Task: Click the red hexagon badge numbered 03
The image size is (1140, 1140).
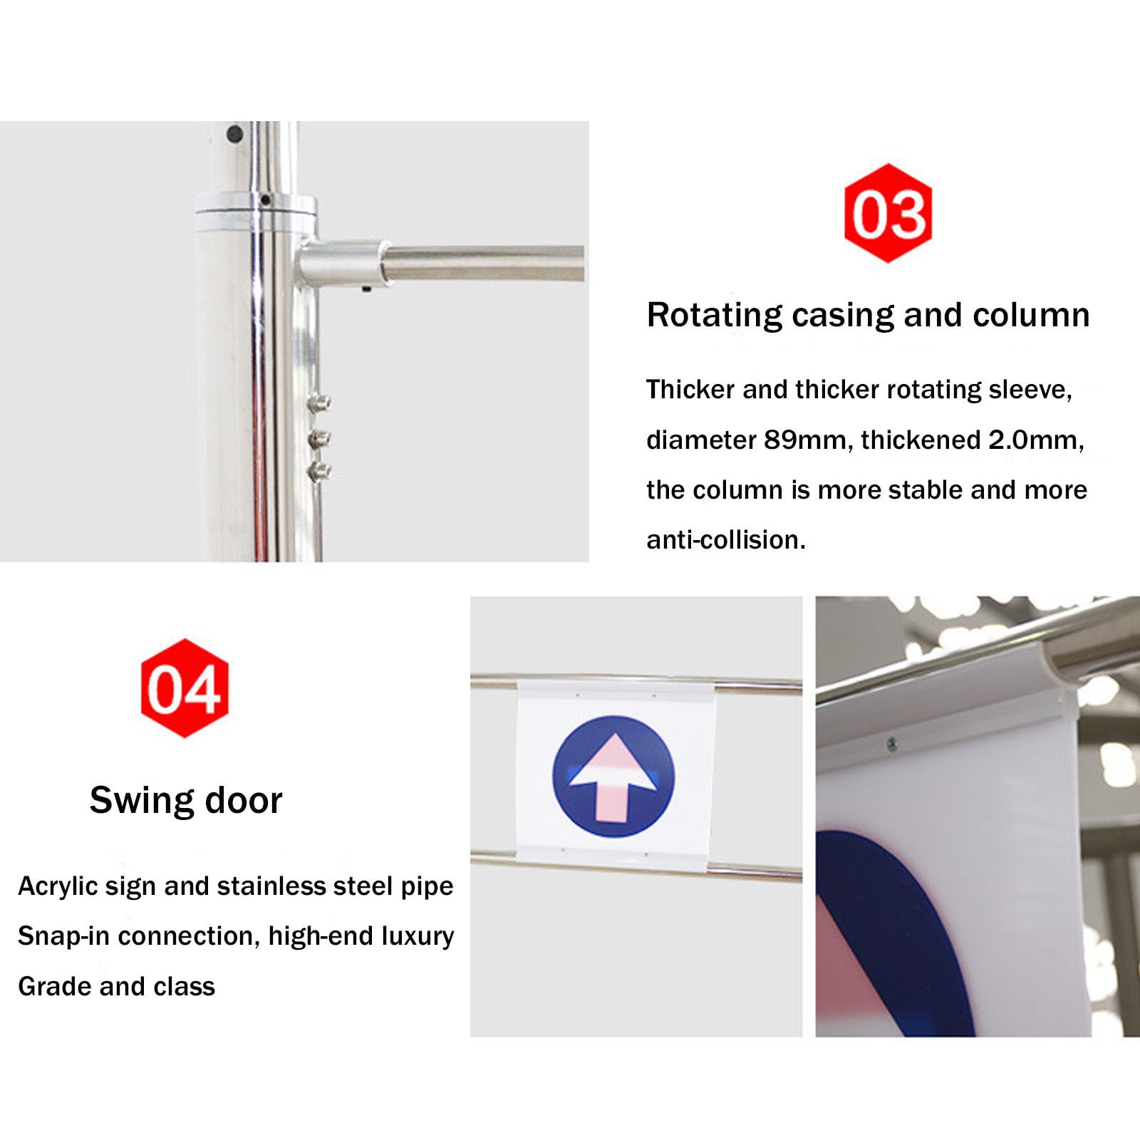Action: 888,213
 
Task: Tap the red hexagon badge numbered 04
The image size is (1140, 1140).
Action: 185,688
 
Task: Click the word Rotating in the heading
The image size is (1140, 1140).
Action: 714,316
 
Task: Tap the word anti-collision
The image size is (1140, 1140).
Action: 725,540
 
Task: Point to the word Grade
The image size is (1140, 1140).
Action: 54,987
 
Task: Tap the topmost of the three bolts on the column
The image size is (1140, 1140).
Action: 320,403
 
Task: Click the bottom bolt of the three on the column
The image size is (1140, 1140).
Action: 320,470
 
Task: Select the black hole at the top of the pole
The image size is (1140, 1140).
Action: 234,133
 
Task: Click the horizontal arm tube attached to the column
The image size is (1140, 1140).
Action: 483,263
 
